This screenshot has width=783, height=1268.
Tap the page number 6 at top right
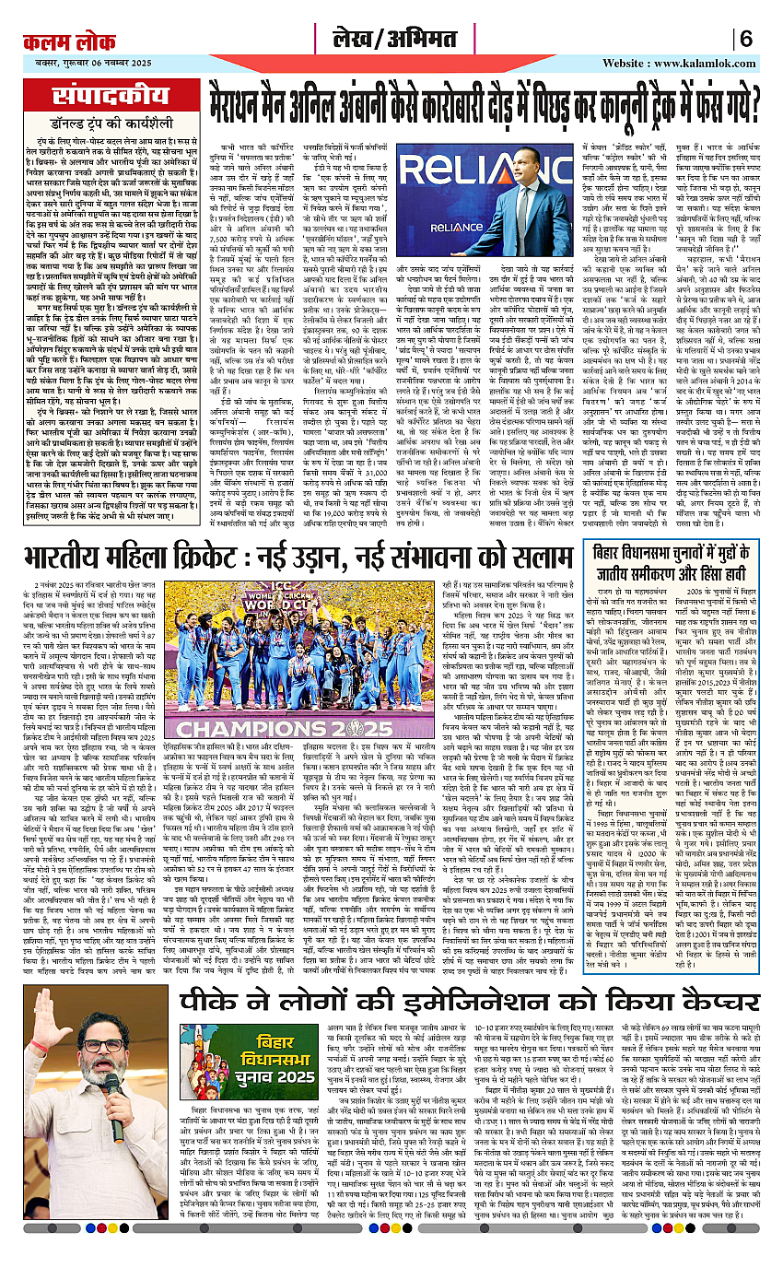point(746,41)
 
